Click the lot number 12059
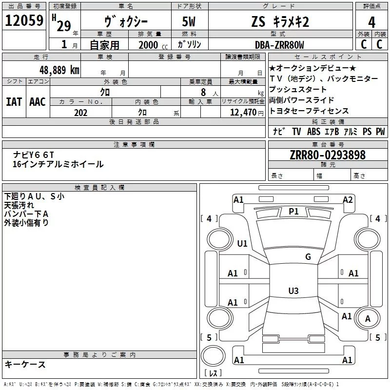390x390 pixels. [x=24, y=21]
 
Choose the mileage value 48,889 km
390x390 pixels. [x=59, y=70]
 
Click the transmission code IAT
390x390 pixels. [x=14, y=102]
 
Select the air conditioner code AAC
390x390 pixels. [x=38, y=102]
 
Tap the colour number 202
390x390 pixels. [x=80, y=113]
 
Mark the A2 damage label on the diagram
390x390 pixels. [x=348, y=199]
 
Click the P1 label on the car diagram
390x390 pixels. [x=293, y=211]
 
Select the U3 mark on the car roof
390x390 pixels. [x=293, y=291]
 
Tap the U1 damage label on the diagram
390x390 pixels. [x=242, y=243]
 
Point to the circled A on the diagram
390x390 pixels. [x=368, y=319]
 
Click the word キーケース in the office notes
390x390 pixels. [x=25, y=364]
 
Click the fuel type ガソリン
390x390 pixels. [x=190, y=45]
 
